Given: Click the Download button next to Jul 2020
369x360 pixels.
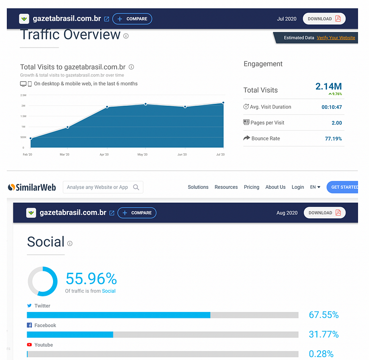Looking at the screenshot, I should [324, 19].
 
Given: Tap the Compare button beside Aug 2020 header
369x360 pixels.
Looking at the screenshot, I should [137, 213].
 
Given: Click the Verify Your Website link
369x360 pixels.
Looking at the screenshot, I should [336, 38].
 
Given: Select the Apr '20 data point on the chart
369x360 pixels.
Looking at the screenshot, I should [107, 107].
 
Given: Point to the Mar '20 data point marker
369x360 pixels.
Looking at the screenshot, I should [67, 127].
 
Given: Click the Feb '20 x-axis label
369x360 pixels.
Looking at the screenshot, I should [28, 154].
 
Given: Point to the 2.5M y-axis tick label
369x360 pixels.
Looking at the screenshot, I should [23, 95].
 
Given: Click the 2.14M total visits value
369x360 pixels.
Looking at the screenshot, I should [328, 86].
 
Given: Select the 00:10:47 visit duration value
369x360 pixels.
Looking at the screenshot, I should [332, 107].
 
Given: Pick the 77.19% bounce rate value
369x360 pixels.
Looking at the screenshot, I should [333, 138].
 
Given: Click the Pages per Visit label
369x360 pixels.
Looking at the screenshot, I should [267, 123].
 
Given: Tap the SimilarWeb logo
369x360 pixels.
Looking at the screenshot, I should [32, 187].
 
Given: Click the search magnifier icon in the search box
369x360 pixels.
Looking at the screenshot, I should [136, 187].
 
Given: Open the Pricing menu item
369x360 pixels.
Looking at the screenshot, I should [251, 187].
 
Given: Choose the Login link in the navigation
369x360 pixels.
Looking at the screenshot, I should [298, 187].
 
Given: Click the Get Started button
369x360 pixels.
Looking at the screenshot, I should [344, 187].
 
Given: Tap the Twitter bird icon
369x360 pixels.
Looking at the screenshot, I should [30, 306].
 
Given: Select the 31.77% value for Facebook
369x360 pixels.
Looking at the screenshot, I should [324, 334].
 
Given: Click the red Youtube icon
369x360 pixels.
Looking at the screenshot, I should [30, 345].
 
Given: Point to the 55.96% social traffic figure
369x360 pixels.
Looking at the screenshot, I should [91, 278].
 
